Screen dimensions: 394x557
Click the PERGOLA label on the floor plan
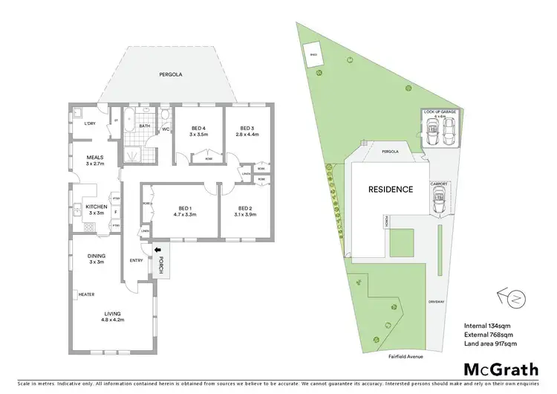pyautogui.click(x=170, y=75)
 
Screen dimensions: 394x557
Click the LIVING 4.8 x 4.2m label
pyautogui.click(x=114, y=317)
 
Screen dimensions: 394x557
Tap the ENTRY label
pyautogui.click(x=136, y=260)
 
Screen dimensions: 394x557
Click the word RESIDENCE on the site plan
pyautogui.click(x=391, y=189)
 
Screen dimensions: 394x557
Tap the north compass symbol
pyautogui.click(x=512, y=298)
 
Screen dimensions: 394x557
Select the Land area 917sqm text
pyautogui.click(x=489, y=343)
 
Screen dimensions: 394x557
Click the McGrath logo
pyautogui.click(x=491, y=369)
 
